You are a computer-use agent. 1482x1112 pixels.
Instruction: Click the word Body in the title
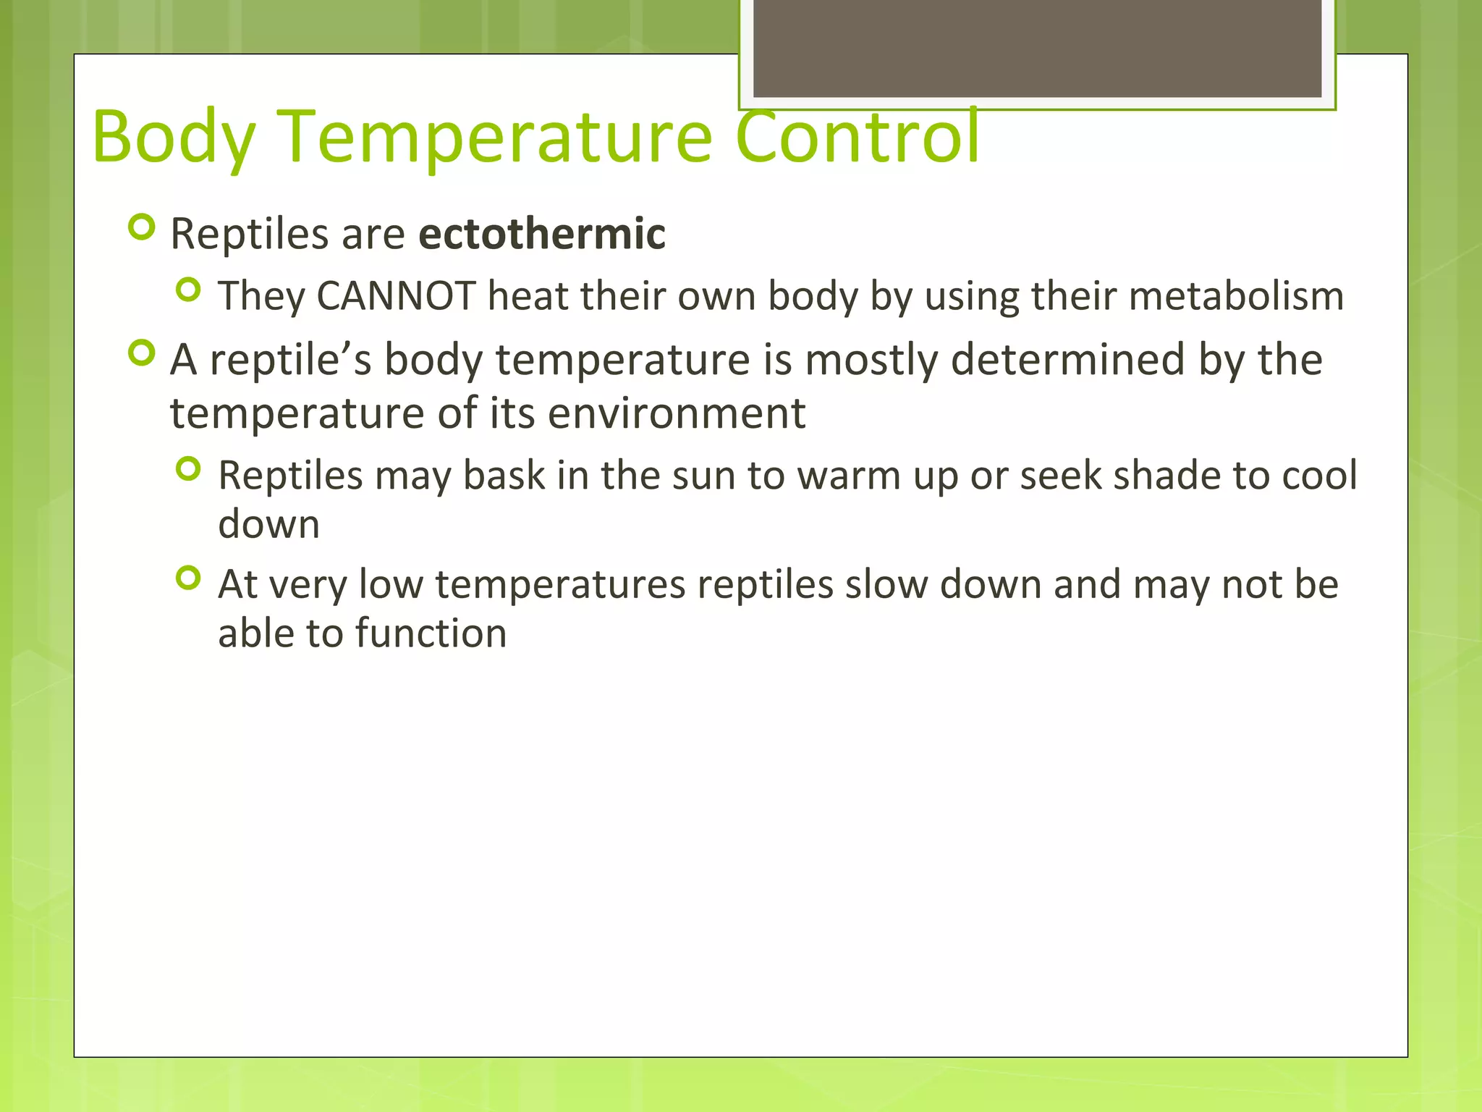pos(174,138)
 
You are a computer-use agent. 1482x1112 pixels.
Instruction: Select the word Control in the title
pos(857,138)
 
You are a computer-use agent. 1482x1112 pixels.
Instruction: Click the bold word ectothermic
pos(542,234)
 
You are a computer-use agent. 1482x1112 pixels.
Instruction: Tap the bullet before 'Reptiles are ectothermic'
pos(141,228)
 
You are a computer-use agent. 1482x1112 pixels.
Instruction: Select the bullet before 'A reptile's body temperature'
pos(141,353)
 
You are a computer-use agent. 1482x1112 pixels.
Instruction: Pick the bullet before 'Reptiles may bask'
pos(188,470)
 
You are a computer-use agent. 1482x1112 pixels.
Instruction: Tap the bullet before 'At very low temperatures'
pos(188,578)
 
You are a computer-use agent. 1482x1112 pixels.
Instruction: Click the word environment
pos(676,413)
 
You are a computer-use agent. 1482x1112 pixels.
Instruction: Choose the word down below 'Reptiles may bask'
pos(268,524)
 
